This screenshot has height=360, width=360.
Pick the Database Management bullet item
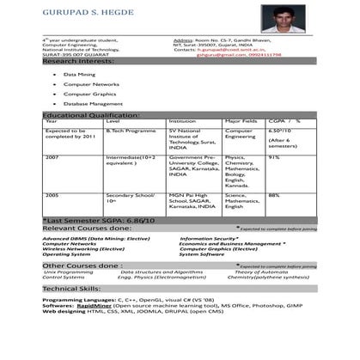94,103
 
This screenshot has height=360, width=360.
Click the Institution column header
183,122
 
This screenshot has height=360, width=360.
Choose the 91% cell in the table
274,157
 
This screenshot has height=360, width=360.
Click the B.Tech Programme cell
127,131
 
